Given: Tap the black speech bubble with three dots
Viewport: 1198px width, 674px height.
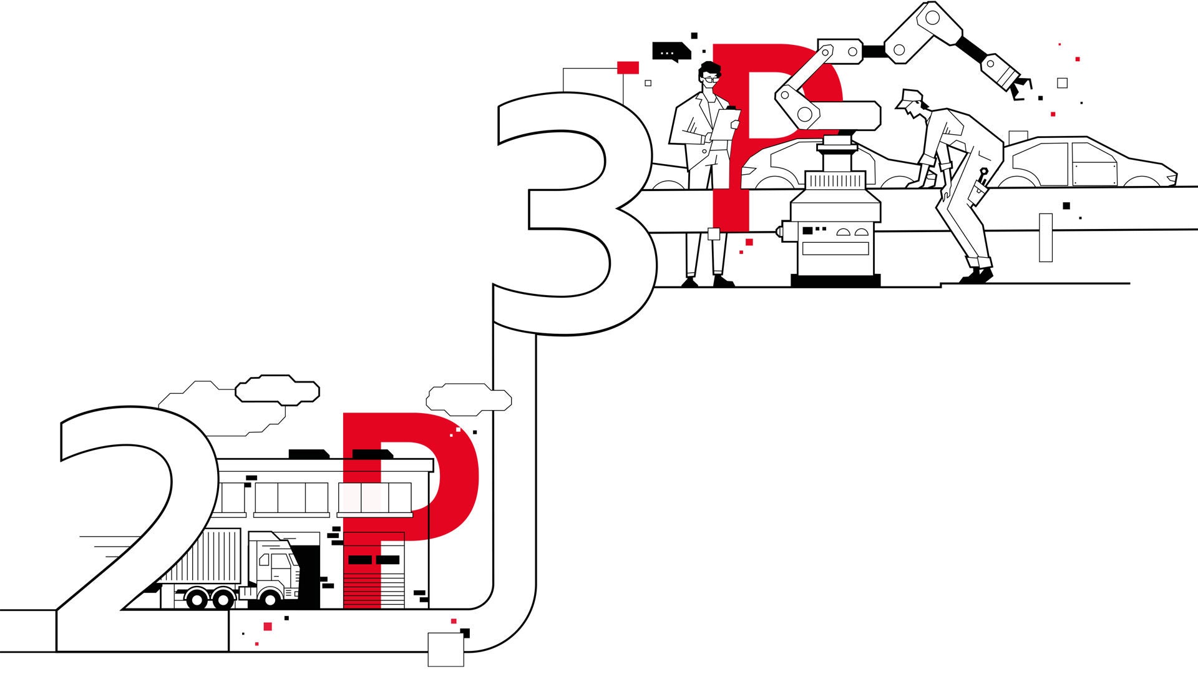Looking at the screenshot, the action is point(670,52).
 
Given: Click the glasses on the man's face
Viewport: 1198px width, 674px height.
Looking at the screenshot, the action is point(711,78).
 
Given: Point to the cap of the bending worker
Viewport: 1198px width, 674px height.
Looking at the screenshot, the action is point(908,97).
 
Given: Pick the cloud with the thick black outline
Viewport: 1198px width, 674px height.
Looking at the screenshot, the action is point(277,389).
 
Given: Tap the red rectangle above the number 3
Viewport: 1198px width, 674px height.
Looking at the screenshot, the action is point(628,67).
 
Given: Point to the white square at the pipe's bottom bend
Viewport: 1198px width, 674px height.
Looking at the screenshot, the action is point(446,649).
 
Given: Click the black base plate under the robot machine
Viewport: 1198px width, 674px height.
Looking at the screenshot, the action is point(835,280).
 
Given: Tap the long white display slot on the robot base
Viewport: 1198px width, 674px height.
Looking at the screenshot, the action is point(835,248).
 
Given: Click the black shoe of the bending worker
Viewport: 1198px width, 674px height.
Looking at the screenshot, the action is point(976,275).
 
